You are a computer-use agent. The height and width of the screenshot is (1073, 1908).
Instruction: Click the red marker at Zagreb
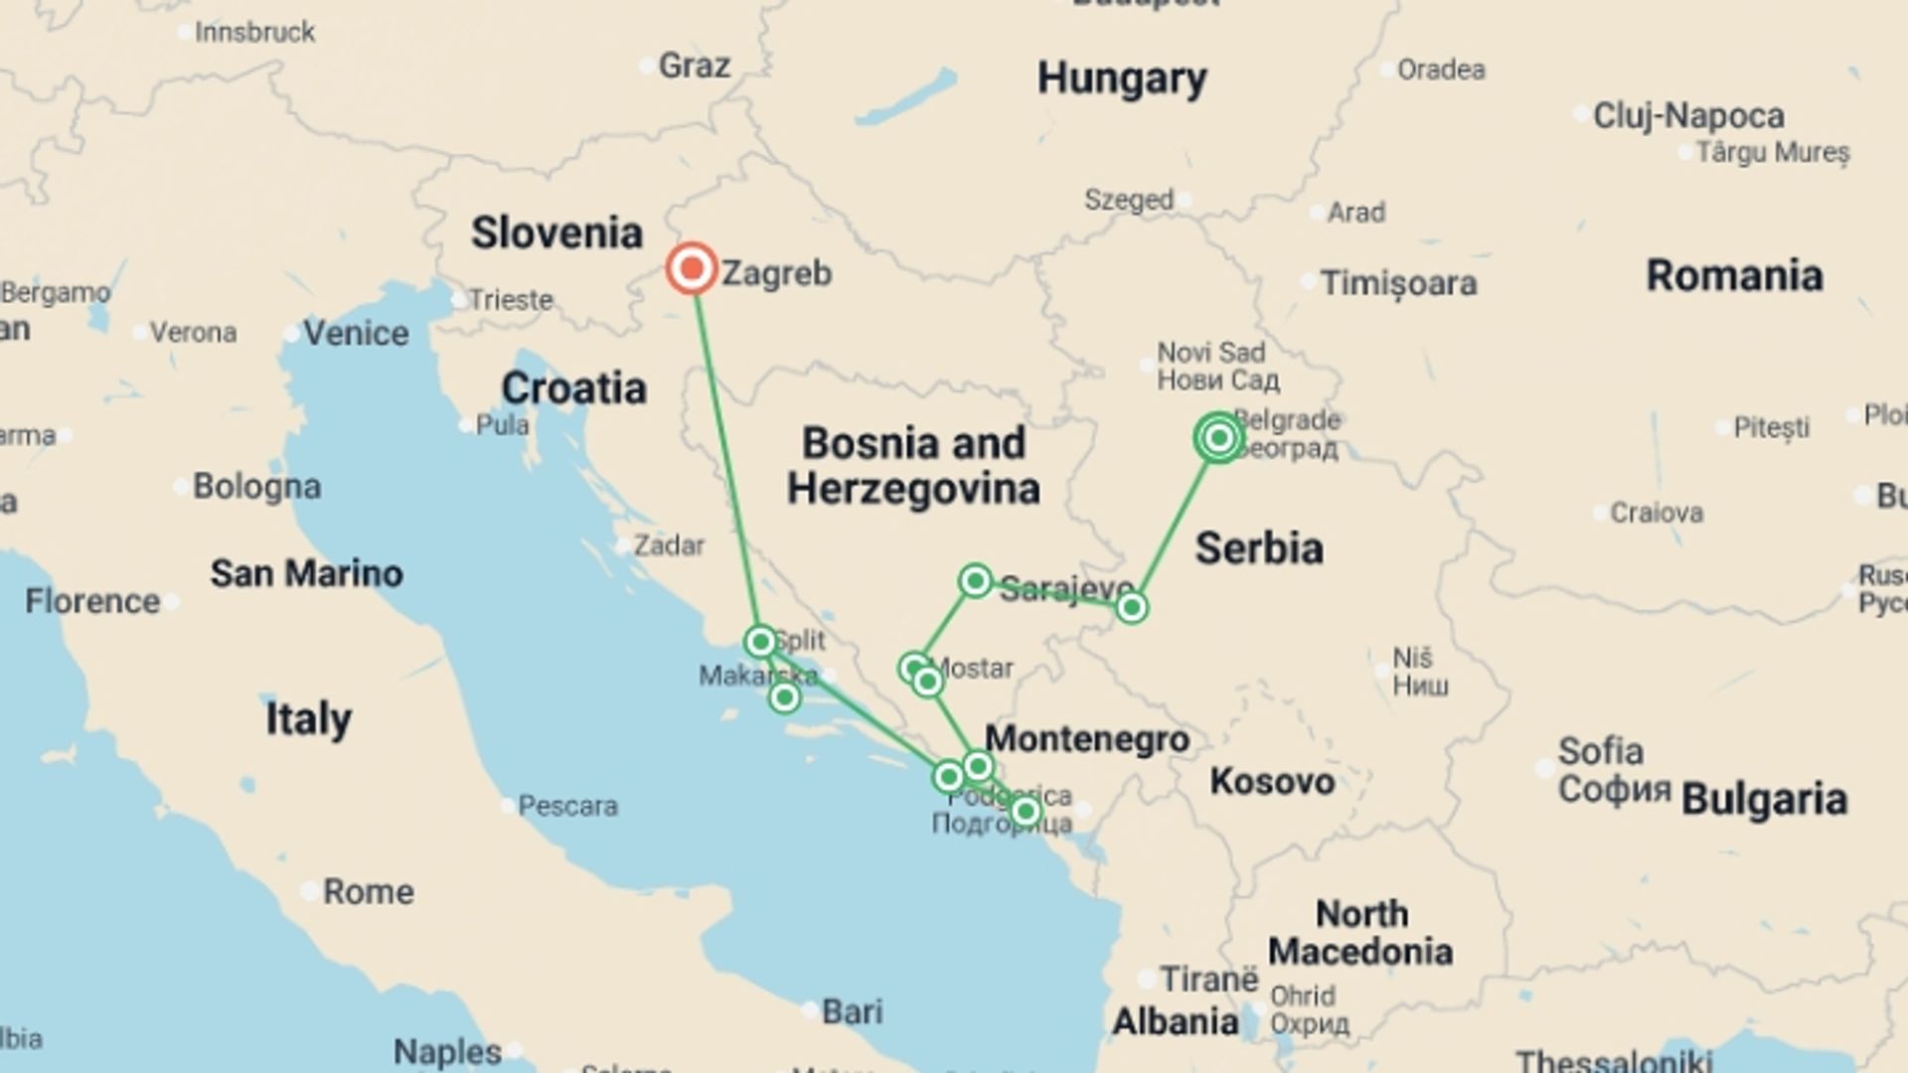tap(692, 268)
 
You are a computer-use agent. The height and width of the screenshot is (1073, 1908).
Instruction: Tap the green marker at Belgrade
tap(1219, 438)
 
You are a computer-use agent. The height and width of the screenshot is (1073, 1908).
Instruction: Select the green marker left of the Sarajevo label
tap(975, 580)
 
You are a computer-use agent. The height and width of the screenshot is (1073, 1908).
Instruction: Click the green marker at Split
tap(760, 642)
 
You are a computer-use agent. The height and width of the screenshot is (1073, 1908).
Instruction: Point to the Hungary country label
tap(1122, 78)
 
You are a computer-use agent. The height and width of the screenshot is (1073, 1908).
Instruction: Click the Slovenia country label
tap(556, 233)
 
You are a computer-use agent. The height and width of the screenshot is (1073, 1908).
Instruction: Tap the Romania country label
tap(1734, 276)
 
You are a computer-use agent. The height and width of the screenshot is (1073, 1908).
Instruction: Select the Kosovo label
tap(1272, 782)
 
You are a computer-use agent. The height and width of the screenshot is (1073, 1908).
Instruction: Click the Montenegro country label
tap(1087, 739)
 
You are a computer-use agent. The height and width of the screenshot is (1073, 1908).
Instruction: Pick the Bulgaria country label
tap(1764, 800)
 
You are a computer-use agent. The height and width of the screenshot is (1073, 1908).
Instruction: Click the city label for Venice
tap(356, 334)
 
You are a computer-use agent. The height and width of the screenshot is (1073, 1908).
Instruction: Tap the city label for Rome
tap(368, 892)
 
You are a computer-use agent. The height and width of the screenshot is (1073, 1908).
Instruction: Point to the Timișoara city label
tap(1398, 284)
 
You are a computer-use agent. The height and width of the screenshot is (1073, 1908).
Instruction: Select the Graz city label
tap(694, 67)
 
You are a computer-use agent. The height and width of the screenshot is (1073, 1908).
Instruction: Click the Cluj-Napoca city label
tap(1688, 116)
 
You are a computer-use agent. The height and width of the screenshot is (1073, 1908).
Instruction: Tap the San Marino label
tap(306, 574)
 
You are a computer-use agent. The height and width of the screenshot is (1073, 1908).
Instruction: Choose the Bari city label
tap(852, 1012)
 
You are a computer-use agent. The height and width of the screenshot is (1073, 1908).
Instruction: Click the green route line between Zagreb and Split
tap(725, 457)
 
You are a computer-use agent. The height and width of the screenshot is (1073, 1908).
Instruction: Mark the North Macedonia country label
tap(1360, 933)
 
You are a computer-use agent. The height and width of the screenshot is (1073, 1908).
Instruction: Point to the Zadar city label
tap(669, 545)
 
